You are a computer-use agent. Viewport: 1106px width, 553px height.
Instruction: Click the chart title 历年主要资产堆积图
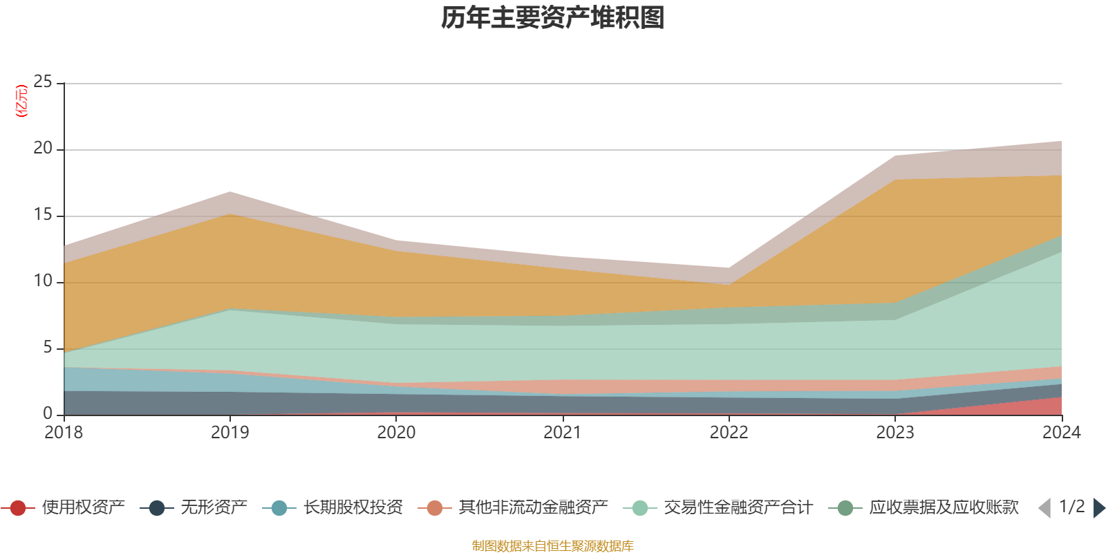pos(553,18)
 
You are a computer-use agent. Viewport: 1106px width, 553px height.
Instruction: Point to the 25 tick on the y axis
pos(43,82)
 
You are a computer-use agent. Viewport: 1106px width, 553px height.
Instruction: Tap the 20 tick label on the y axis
pos(43,149)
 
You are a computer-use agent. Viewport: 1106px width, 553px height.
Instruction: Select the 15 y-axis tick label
pos(43,215)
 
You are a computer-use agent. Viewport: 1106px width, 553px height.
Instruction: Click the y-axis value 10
pos(43,281)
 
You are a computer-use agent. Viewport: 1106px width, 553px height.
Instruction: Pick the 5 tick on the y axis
pos(48,348)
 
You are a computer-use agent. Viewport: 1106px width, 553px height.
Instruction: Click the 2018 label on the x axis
pos(64,433)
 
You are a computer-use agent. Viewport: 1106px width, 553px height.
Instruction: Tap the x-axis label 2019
pos(229,433)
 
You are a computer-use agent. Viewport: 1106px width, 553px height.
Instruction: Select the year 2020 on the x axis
pos(396,433)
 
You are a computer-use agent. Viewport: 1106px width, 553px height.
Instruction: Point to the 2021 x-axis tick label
pos(563,433)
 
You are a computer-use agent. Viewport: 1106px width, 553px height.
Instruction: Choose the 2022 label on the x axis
pos(729,433)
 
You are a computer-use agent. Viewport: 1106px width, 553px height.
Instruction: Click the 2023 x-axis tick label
pos(895,433)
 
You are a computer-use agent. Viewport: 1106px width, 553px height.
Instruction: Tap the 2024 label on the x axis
pos(1061,433)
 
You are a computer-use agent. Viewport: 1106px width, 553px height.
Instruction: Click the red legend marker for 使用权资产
pos(18,508)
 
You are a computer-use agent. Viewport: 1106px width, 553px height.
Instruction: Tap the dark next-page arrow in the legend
pos(1098,508)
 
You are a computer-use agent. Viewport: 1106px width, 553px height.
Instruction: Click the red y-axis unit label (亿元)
pos(21,101)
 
